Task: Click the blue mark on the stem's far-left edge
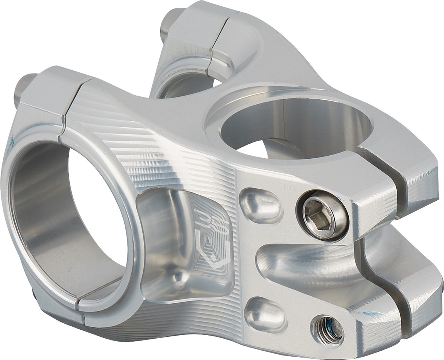(x=11, y=141)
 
